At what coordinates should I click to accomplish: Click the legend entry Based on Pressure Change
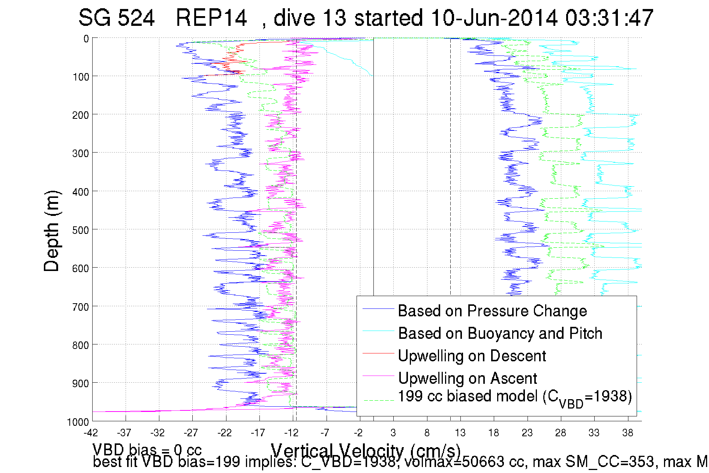tap(492, 311)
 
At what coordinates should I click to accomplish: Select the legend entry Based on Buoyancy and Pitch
tap(500, 333)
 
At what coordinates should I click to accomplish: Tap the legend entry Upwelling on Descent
tap(472, 356)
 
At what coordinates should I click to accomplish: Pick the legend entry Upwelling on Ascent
tap(467, 378)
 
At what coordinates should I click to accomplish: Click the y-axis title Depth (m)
tap(51, 231)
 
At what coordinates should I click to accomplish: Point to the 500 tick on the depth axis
tap(81, 230)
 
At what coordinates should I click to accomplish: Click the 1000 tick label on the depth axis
tap(78, 422)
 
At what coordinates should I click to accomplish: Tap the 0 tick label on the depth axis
tap(86, 39)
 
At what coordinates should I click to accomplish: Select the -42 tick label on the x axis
tap(91, 433)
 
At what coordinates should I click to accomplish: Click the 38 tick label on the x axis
tap(628, 433)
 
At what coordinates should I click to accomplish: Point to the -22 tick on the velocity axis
tap(225, 433)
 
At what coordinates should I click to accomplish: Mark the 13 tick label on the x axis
tap(460, 433)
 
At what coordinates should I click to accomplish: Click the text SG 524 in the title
tap(116, 18)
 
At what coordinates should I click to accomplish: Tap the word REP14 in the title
tap(211, 18)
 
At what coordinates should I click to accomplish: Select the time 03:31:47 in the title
tap(609, 18)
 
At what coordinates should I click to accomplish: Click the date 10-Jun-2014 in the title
tap(494, 18)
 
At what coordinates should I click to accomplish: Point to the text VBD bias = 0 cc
tap(147, 449)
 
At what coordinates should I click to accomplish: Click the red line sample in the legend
tap(378, 353)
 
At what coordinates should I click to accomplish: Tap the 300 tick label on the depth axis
tap(81, 153)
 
